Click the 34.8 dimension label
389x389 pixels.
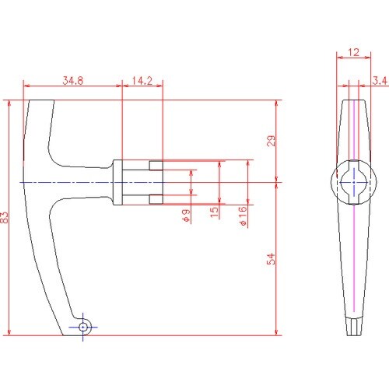tap(73, 81)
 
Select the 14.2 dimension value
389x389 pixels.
tap(142, 81)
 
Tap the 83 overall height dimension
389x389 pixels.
tap(5, 217)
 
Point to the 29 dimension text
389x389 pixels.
tap(271, 141)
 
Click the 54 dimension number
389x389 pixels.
tap(271, 259)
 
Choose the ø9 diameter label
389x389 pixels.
tap(186, 216)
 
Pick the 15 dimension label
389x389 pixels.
tap(214, 212)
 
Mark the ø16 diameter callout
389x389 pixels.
tap(242, 216)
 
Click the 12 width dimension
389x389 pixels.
tap(354, 52)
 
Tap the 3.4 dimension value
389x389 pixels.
tap(380, 81)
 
